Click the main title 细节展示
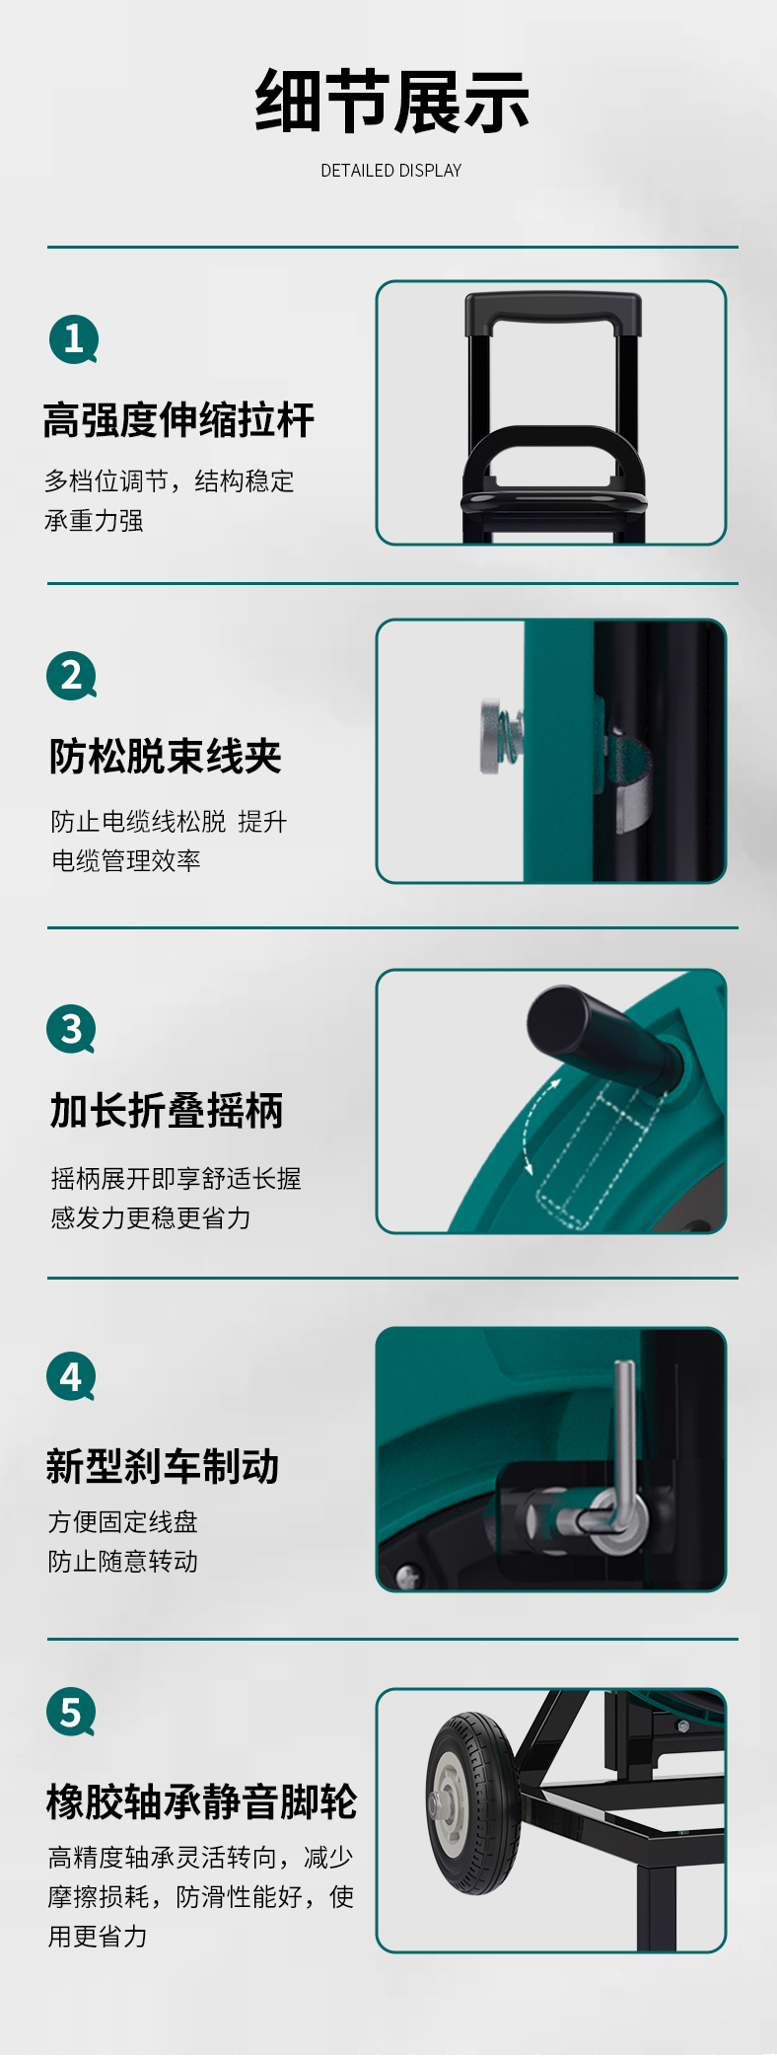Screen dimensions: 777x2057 [392, 102]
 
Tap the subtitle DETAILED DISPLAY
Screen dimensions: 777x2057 [391, 171]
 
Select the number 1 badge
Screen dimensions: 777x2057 [74, 339]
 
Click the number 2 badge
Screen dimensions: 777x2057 [72, 676]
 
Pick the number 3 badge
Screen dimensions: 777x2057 [72, 1029]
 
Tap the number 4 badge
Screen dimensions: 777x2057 [72, 1376]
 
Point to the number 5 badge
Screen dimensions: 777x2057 [72, 1713]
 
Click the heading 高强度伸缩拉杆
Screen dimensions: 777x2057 [178, 420]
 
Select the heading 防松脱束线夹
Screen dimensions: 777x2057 [166, 757]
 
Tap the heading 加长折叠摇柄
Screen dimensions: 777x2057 [167, 1111]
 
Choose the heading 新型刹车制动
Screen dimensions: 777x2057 [163, 1466]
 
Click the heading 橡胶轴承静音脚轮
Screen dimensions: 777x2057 [201, 1801]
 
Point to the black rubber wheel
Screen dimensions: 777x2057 [473, 1803]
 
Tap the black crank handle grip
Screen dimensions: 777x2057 [603, 1034]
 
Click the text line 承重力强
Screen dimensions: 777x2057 [94, 521]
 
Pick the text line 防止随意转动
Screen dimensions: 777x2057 [123, 1562]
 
